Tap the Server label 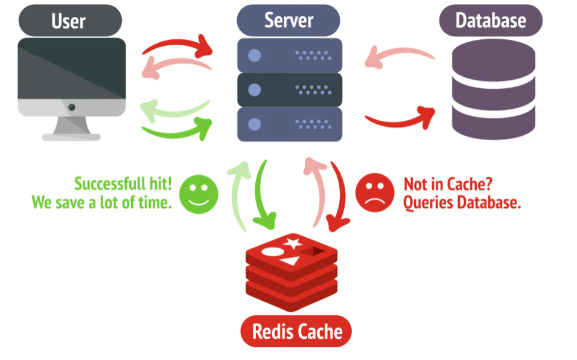click(288, 20)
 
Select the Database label click(490, 21)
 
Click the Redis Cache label click(296, 331)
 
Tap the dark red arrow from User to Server click(179, 43)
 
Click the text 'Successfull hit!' click(123, 184)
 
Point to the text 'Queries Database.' click(462, 203)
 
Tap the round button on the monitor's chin click(72, 107)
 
